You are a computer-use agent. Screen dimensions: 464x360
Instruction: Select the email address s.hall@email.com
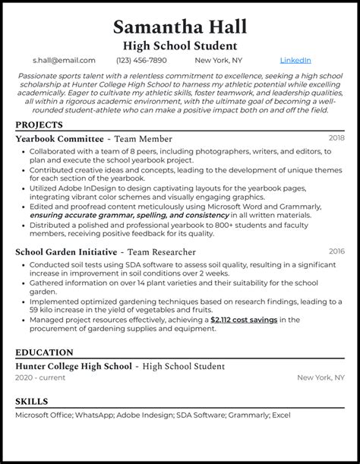coord(64,60)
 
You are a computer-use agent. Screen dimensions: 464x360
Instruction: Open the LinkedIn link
coord(295,60)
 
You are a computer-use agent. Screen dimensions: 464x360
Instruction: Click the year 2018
coord(336,138)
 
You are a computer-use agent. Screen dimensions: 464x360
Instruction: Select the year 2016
coord(336,251)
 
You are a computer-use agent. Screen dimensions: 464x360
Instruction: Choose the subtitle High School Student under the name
coord(180,45)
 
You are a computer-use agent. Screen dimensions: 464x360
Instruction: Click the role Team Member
coord(144,140)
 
